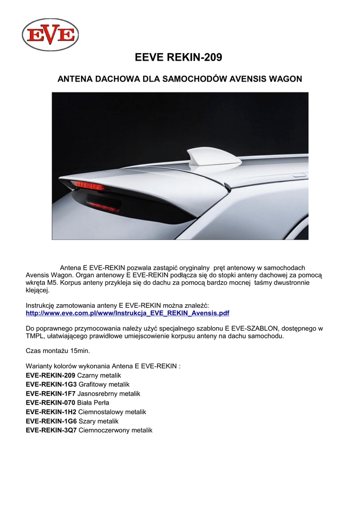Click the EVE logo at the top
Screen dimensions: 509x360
pyautogui.click(x=50, y=35)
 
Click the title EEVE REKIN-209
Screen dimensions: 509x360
pyautogui.click(x=179, y=58)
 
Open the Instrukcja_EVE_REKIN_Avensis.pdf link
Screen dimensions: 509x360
pyautogui.click(x=127, y=313)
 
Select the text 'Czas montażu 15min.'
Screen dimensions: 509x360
pyautogui.click(x=58, y=351)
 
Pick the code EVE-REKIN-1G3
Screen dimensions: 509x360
pyautogui.click(x=51, y=384)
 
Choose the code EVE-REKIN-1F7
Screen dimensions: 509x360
pyautogui.click(x=51, y=393)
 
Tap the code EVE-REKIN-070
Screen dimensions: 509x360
pyautogui.click(x=51, y=403)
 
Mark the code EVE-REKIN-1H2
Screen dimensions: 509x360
pyautogui.click(x=51, y=412)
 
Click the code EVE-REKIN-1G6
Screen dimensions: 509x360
pyautogui.click(x=51, y=421)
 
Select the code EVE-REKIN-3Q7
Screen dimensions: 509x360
pyautogui.click(x=51, y=430)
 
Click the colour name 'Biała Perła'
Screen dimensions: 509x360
pyautogui.click(x=93, y=403)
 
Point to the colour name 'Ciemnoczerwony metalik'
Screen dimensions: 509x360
pyautogui.click(x=116, y=430)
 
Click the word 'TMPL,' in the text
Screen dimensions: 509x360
pyautogui.click(x=35, y=336)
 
